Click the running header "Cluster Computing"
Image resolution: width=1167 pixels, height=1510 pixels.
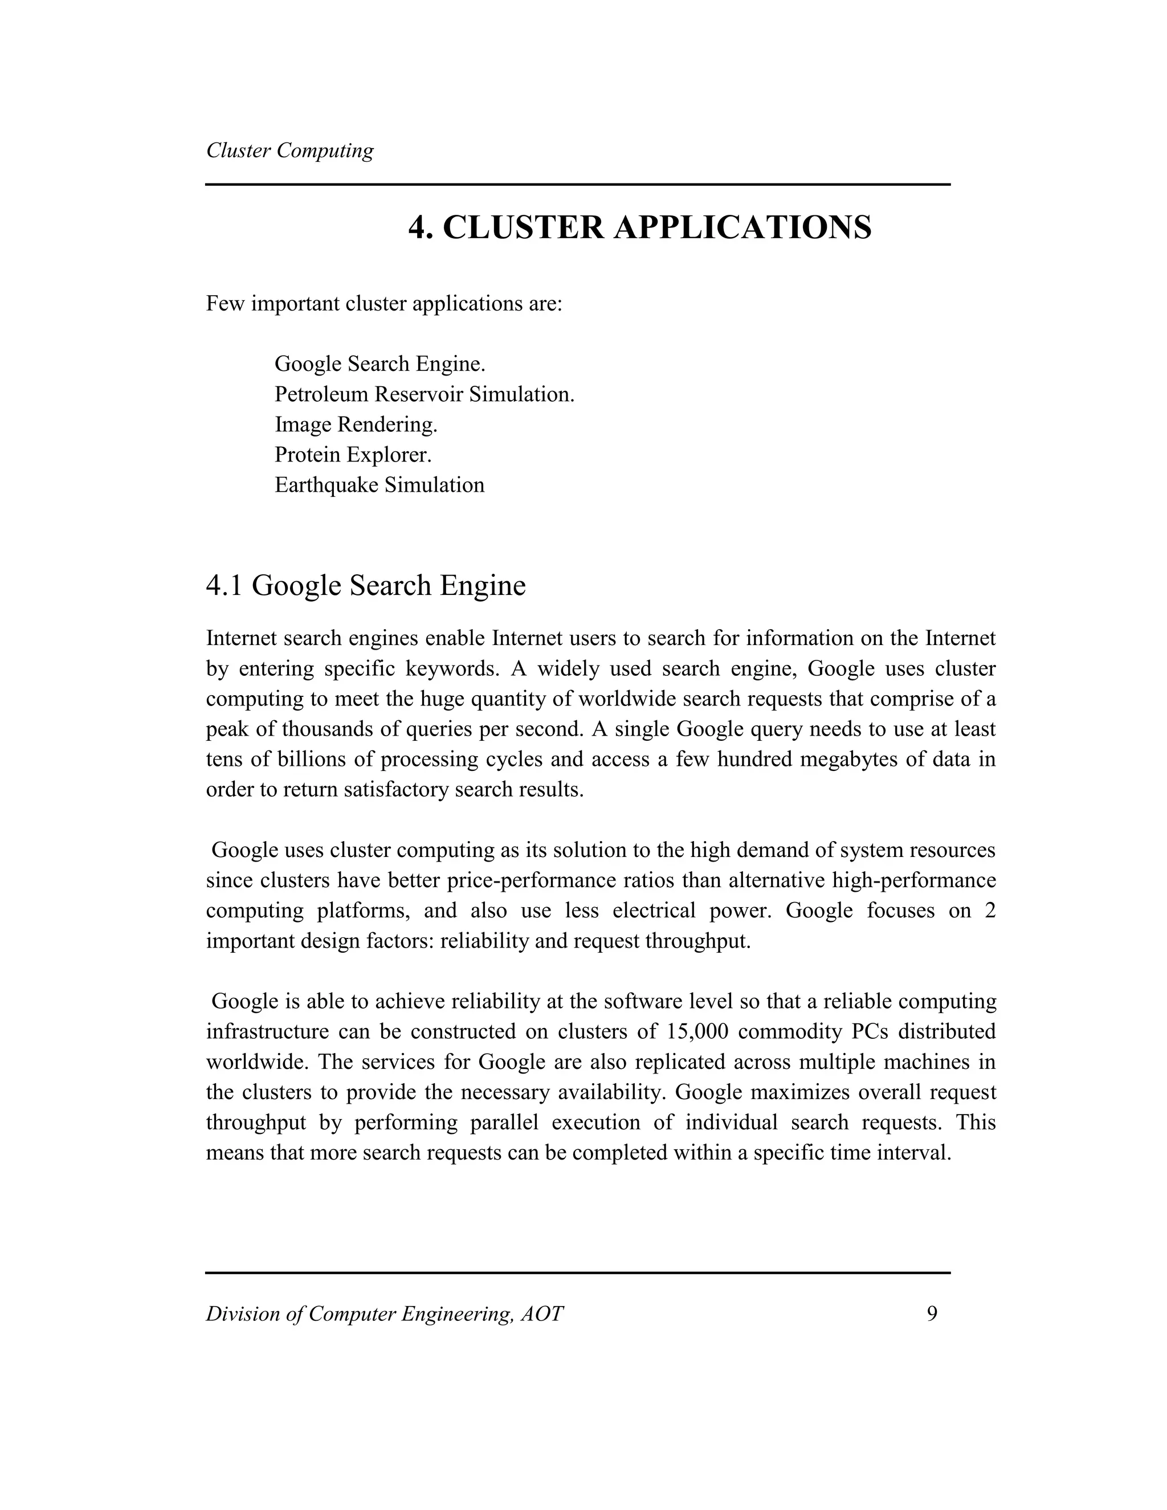[x=289, y=151]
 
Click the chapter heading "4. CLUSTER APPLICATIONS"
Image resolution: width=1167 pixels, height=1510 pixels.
[x=639, y=227]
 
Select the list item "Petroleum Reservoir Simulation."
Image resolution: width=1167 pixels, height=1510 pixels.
[x=425, y=394]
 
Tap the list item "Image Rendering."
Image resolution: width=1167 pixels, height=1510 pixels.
[x=356, y=425]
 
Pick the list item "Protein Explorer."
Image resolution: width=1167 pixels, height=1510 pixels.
[x=353, y=455]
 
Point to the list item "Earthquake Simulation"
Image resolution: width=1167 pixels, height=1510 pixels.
[x=380, y=485]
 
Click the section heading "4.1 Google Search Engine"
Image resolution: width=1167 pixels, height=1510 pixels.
[x=366, y=586]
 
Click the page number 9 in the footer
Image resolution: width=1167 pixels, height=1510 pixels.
[x=932, y=1313]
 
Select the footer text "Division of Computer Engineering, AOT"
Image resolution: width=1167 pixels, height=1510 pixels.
[x=385, y=1313]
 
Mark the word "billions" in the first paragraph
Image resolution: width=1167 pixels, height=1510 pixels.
[x=310, y=759]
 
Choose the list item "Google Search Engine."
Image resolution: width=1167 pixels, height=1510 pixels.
[x=380, y=364]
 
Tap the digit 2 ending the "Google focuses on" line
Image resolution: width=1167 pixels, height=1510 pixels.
[x=990, y=911]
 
